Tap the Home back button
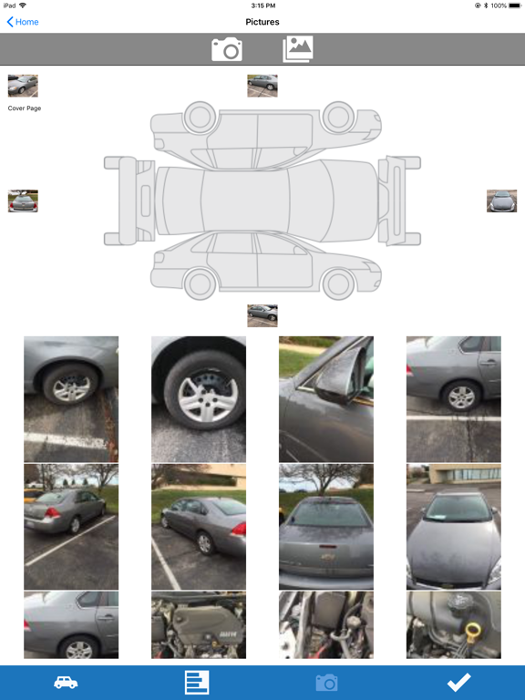(x=23, y=22)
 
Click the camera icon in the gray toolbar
(x=227, y=49)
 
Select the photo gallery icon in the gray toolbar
(x=298, y=49)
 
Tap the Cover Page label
(x=25, y=108)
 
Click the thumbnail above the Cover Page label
(x=23, y=86)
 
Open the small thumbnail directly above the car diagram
(x=262, y=86)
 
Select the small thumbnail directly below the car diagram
(x=262, y=315)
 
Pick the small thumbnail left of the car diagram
(x=23, y=201)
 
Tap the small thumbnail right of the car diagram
(x=502, y=201)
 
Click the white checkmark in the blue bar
(x=459, y=682)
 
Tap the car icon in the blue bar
(x=66, y=682)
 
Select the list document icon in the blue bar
(x=197, y=682)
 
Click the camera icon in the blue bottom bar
(x=327, y=683)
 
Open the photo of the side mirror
(x=326, y=399)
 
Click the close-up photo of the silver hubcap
(x=199, y=399)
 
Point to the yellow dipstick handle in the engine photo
(x=473, y=633)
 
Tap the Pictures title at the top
(x=262, y=22)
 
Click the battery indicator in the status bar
(x=514, y=5)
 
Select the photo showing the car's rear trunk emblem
(x=326, y=527)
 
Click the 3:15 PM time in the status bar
(x=262, y=5)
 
